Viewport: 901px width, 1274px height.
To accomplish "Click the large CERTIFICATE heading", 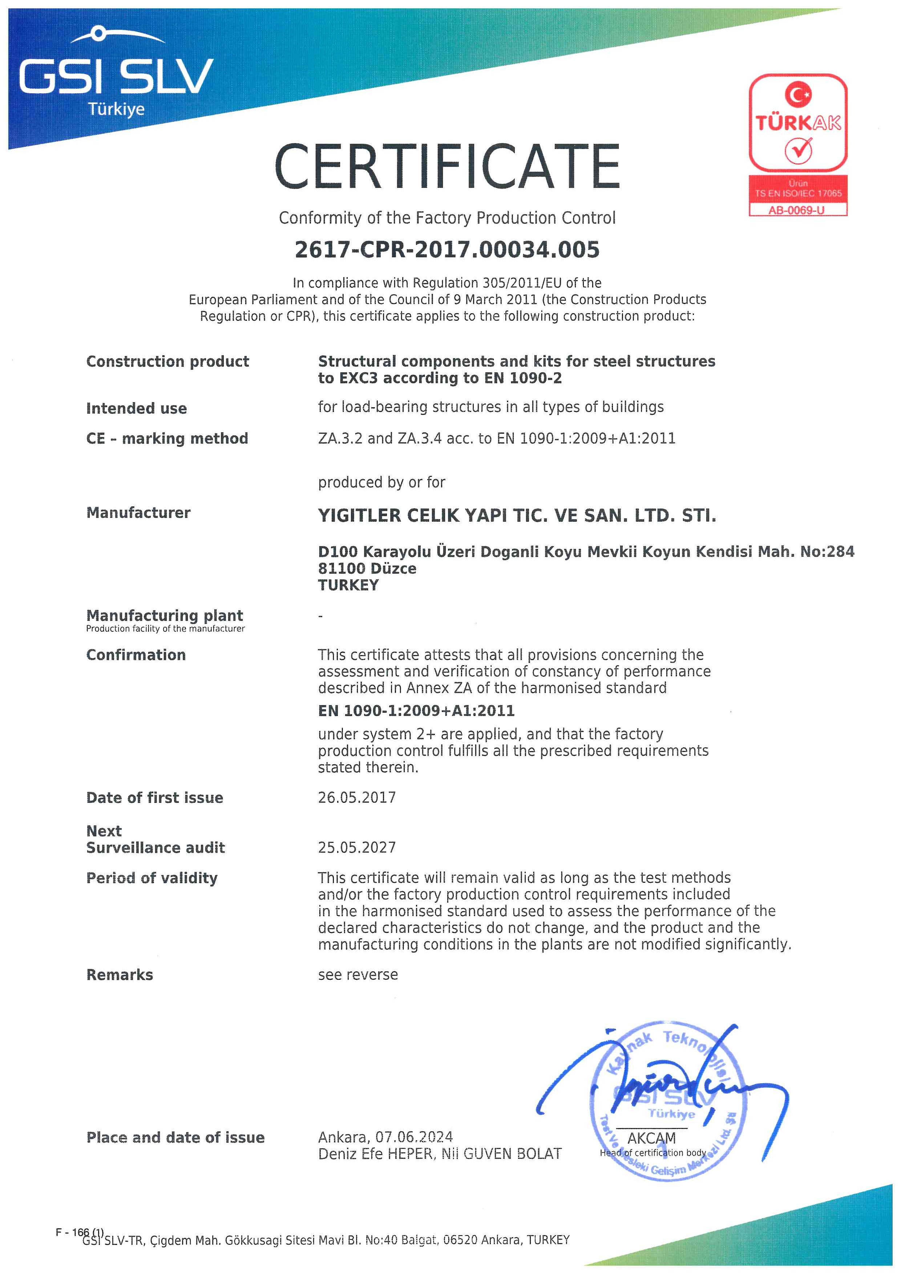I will click(x=447, y=166).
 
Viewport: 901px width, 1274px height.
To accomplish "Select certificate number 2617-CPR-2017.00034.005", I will click(x=447, y=250).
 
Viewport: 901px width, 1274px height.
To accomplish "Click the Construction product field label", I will click(x=167, y=362).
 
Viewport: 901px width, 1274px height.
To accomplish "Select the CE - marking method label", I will click(x=167, y=439).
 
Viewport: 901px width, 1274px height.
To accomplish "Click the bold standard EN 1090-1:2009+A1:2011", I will click(x=416, y=711).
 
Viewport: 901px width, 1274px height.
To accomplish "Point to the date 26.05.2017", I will click(x=357, y=798).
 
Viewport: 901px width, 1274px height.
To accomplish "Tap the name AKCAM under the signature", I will click(x=651, y=1138).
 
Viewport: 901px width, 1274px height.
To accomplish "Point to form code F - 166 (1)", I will click(x=79, y=1232).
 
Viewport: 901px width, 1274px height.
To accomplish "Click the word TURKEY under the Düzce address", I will click(x=348, y=585).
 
